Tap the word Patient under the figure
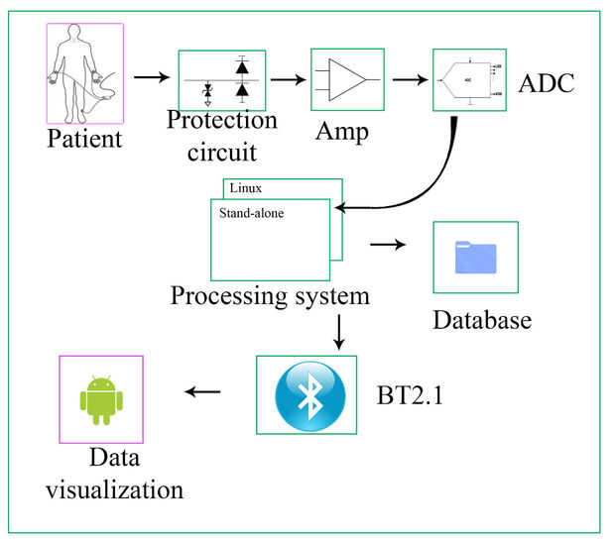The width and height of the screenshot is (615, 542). [84, 137]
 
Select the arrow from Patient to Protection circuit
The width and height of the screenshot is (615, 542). [150, 76]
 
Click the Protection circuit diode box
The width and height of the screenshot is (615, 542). [222, 80]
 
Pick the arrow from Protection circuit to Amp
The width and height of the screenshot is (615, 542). [288, 77]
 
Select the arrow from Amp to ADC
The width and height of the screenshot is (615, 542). [410, 77]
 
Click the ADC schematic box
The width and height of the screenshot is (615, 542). [470, 80]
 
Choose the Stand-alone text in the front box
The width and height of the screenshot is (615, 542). [251, 211]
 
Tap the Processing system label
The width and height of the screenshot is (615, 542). [270, 296]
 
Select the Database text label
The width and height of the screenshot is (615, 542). [482, 320]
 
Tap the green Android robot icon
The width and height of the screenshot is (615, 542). [100, 399]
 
